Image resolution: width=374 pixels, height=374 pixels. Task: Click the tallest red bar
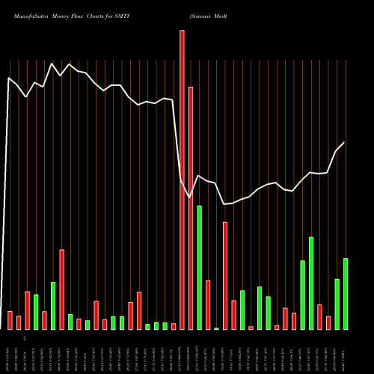point(182,180)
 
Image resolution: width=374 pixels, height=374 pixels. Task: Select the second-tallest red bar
point(191,208)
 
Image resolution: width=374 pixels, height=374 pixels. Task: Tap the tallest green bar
point(199,267)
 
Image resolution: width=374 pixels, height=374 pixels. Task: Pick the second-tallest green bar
point(311,283)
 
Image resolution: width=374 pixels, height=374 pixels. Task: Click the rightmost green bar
point(346,293)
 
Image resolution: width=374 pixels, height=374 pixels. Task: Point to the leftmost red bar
point(10,320)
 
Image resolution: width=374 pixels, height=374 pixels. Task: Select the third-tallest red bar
point(225,275)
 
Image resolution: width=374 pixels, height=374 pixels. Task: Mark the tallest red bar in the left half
point(61,289)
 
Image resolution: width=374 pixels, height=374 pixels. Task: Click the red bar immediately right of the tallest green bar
point(208,304)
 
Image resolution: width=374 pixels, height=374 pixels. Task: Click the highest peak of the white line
point(52,64)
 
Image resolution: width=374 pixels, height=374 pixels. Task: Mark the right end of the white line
point(344,142)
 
